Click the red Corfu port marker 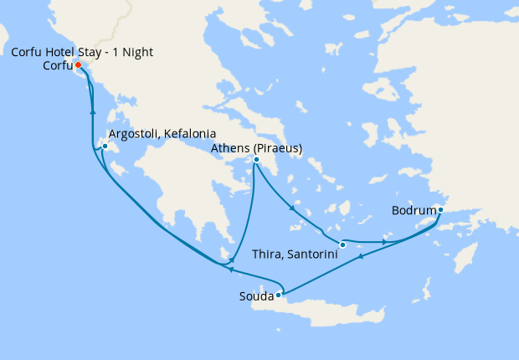(x=78, y=65)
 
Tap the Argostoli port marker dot (x=105, y=147)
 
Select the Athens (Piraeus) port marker (x=256, y=160)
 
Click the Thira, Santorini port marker (x=342, y=244)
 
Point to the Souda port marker (x=279, y=295)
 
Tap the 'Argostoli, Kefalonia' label (x=163, y=134)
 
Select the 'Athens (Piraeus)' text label (x=256, y=148)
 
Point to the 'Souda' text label (x=256, y=296)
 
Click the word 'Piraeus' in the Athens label (x=275, y=148)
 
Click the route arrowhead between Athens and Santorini (x=290, y=208)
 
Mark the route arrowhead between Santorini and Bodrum (x=384, y=242)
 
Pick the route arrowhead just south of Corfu (x=92, y=111)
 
